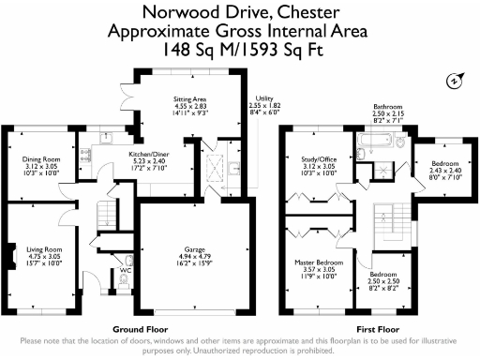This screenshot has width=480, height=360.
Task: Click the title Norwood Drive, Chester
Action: (x=239, y=12)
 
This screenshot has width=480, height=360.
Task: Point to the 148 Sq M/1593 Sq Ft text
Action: (x=239, y=48)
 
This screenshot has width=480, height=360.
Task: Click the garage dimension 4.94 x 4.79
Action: (x=195, y=258)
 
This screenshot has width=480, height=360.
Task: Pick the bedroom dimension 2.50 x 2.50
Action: (x=387, y=280)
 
